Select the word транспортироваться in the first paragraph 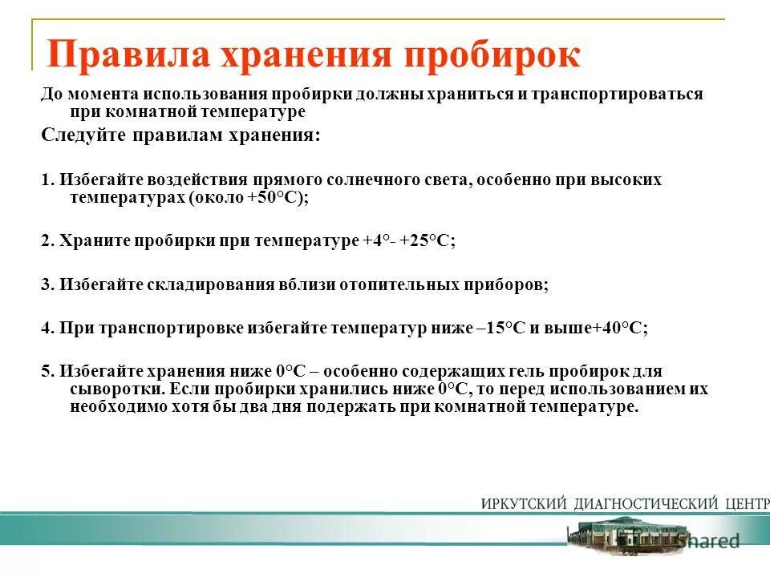coord(617,95)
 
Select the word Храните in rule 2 coord(92,241)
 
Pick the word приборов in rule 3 coord(512,285)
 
